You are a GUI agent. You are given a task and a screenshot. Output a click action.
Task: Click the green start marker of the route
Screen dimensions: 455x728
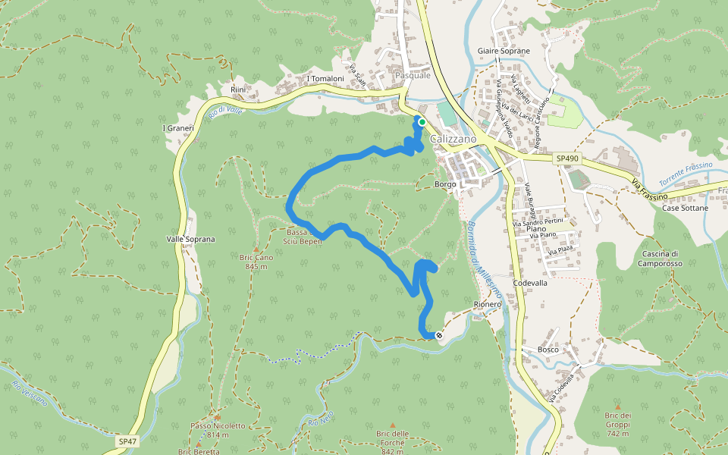point(422,121)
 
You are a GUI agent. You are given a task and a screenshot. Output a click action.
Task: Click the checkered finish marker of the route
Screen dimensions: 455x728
point(439,334)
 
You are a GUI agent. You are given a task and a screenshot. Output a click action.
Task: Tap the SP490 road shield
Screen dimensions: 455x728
point(566,158)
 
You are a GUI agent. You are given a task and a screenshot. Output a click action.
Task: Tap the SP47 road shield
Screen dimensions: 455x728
point(127,441)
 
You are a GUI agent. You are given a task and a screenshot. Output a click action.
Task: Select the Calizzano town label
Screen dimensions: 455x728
point(453,140)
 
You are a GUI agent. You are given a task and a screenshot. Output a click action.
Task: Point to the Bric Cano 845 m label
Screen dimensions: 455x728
point(256,262)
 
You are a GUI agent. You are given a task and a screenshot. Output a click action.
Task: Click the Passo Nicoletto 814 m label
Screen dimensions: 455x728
point(218,430)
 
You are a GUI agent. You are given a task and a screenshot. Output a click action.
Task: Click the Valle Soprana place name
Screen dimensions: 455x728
point(190,239)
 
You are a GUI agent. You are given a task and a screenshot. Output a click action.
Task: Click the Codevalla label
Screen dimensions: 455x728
point(530,282)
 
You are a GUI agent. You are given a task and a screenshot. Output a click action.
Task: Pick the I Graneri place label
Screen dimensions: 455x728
point(179,128)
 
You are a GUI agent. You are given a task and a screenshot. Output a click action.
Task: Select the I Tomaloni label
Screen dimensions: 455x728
point(326,79)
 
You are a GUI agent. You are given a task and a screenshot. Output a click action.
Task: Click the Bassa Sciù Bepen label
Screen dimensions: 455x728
point(303,237)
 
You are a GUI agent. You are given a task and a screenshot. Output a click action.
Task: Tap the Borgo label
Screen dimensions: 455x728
point(445,184)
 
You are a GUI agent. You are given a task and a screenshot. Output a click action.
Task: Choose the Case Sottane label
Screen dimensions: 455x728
point(685,208)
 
